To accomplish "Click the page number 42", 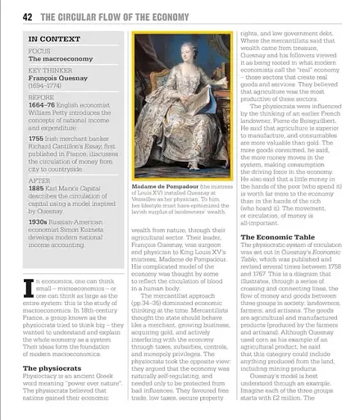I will coord(28,16).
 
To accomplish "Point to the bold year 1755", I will coord(38,140).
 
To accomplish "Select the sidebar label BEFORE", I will coord(41,97).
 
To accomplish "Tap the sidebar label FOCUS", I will coord(39,51).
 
